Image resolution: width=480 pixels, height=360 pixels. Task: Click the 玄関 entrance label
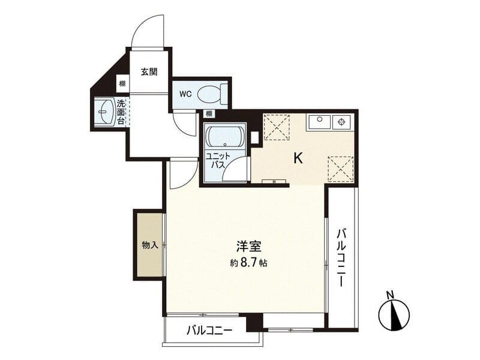149,72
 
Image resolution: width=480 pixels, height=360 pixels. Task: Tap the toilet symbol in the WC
212,94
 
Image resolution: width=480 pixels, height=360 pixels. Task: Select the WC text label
185,94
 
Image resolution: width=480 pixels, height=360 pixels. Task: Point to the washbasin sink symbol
105,111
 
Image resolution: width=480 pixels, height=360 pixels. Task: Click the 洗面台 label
121,112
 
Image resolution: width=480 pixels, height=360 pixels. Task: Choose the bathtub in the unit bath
226,137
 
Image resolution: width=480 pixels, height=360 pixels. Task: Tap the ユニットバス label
218,160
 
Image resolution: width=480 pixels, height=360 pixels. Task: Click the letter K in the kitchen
298,158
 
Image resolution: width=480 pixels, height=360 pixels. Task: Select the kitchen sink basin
319,122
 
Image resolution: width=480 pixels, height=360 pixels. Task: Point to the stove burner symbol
341,122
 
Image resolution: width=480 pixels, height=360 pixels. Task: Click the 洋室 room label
248,246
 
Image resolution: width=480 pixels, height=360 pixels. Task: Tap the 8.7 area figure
250,263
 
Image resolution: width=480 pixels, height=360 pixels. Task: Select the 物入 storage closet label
150,245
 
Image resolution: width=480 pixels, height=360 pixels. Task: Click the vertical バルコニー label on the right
341,257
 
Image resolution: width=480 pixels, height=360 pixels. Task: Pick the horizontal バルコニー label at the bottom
209,331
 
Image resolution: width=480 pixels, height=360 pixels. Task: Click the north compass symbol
394,316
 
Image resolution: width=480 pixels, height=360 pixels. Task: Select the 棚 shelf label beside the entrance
122,83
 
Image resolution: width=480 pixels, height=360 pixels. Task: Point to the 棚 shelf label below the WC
209,114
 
